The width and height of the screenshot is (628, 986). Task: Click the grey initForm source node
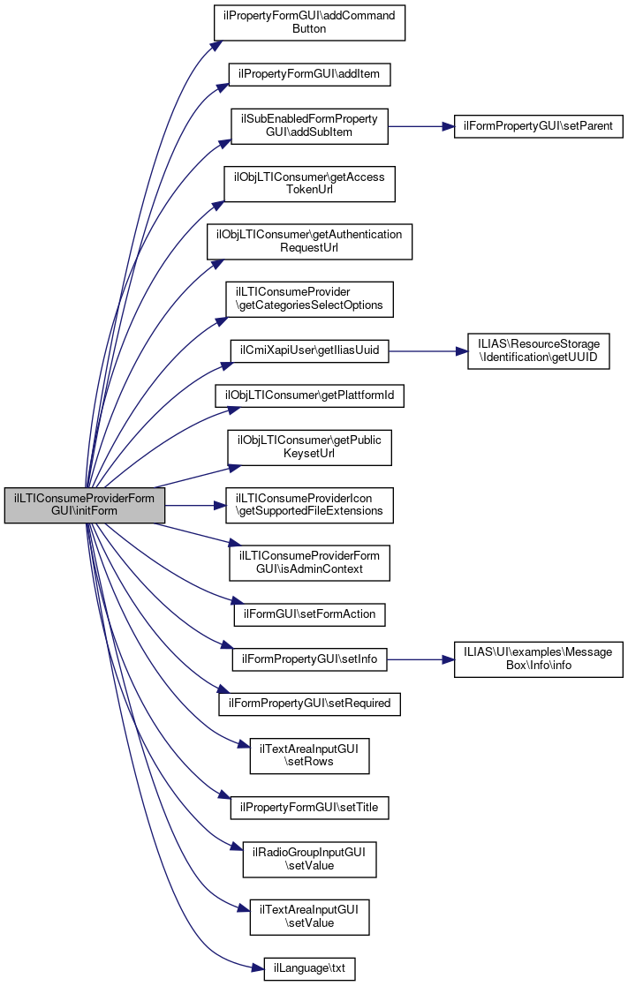85,505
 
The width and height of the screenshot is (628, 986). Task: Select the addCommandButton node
309,23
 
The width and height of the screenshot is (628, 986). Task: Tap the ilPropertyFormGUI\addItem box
309,74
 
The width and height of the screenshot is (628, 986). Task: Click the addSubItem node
309,126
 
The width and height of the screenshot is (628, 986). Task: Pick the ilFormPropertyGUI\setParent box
539,126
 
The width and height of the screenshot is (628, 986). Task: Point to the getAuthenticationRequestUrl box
309,241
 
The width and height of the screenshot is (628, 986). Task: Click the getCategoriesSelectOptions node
309,299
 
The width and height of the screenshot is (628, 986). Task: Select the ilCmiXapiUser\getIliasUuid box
309,350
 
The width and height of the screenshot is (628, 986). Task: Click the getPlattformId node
309,396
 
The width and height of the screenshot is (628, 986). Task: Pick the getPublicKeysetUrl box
309,448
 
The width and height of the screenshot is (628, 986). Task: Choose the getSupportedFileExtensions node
309,505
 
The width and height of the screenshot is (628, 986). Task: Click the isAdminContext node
309,562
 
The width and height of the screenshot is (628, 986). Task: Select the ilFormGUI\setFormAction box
309,613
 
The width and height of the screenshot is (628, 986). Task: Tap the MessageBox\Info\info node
539,659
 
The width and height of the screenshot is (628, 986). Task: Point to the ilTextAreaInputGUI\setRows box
309,756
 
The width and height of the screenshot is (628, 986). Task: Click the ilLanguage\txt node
309,968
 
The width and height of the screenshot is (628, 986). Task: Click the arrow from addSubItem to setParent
420,126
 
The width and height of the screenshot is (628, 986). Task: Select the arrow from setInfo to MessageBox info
420,659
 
